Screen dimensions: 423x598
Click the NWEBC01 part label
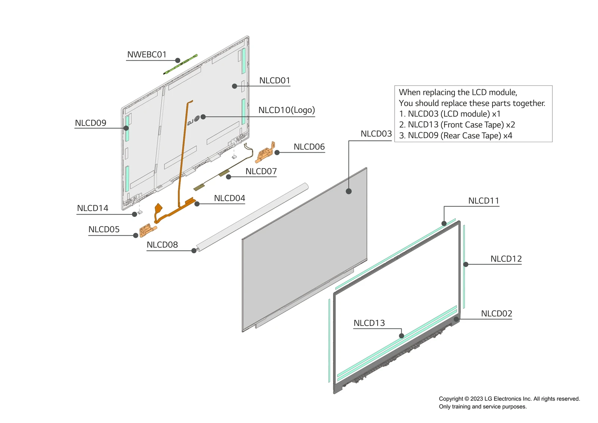(x=147, y=55)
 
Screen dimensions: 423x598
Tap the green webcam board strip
(x=180, y=65)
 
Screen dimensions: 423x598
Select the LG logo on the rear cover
(x=193, y=121)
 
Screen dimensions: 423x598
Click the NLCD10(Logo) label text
(x=286, y=110)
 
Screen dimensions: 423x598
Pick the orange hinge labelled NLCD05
(x=147, y=230)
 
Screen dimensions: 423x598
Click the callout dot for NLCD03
(x=349, y=191)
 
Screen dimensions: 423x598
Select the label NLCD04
(x=229, y=198)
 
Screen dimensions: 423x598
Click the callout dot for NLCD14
(x=135, y=214)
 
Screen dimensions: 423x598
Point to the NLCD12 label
(x=506, y=259)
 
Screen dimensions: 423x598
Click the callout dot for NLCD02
(x=456, y=319)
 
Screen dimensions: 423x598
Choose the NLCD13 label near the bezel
(x=369, y=323)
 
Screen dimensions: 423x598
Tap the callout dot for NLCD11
(x=444, y=224)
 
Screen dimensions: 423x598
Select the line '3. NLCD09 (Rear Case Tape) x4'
(x=456, y=136)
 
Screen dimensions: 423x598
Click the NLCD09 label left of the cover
(x=90, y=123)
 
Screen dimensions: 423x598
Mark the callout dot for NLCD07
(x=228, y=177)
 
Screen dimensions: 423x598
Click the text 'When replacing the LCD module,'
(x=458, y=92)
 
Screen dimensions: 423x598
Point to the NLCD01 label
(x=274, y=81)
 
